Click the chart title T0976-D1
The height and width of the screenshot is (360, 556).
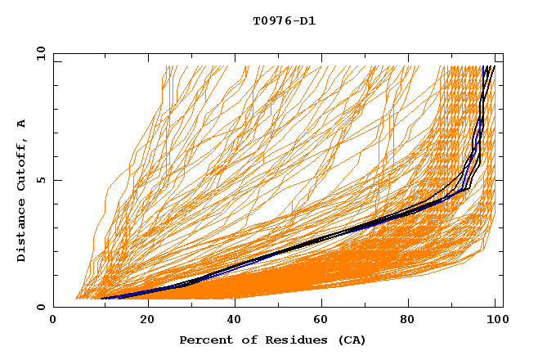[x=284, y=21]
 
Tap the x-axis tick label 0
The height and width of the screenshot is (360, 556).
[x=53, y=321]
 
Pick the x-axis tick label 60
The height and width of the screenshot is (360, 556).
[x=325, y=321]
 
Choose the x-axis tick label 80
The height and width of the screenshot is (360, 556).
[x=413, y=321]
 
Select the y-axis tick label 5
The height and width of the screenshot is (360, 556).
[x=41, y=180]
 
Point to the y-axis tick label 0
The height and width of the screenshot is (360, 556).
[x=41, y=307]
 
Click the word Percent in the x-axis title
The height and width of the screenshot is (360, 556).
[x=204, y=340]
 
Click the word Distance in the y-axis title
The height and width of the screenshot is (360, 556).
[x=22, y=231]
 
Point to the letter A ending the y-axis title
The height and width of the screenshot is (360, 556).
[x=22, y=124]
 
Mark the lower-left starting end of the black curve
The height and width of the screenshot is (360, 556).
[x=101, y=299]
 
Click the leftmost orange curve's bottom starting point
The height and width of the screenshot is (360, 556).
[x=76, y=299]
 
